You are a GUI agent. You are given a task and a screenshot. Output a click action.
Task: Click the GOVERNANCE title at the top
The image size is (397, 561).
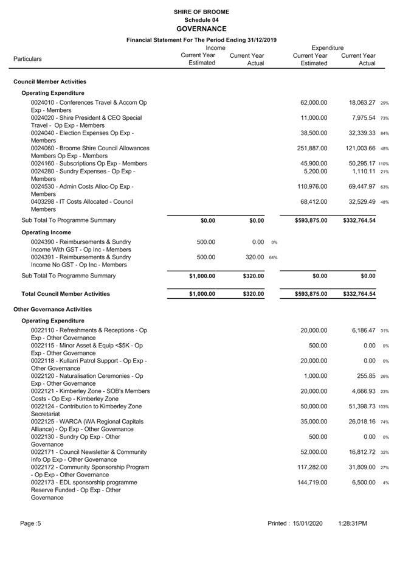[x=201, y=29]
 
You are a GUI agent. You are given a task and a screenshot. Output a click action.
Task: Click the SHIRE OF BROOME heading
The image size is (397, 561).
[x=201, y=12]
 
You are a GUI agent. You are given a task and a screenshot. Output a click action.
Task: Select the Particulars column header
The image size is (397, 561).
[x=27, y=59]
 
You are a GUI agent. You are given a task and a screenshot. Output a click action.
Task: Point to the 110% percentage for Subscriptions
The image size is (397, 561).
[x=384, y=164]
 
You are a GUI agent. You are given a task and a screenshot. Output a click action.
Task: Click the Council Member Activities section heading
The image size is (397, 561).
[x=50, y=82]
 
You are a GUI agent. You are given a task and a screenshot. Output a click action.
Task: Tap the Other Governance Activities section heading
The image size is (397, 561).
[x=53, y=309]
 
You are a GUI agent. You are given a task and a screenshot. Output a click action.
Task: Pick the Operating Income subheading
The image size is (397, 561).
[x=46, y=232]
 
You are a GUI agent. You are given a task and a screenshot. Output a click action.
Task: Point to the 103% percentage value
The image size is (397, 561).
[x=384, y=407]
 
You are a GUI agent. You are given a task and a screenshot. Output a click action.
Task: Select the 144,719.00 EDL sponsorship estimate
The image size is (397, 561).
[x=311, y=483]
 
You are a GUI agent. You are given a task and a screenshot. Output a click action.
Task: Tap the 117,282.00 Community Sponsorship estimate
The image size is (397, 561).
[x=311, y=467]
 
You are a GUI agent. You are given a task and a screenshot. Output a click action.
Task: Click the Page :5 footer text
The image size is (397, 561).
[x=30, y=523]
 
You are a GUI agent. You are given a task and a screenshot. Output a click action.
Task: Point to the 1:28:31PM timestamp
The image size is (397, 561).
[x=353, y=523]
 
